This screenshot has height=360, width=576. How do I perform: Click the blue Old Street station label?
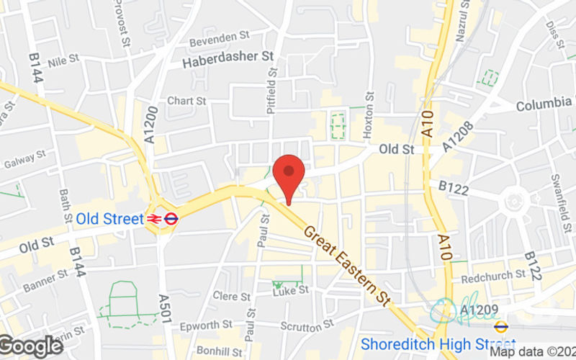click(109, 218)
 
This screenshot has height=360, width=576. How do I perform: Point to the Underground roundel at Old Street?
click(171, 218)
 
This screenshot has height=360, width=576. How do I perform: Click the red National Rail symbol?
click(154, 218)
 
